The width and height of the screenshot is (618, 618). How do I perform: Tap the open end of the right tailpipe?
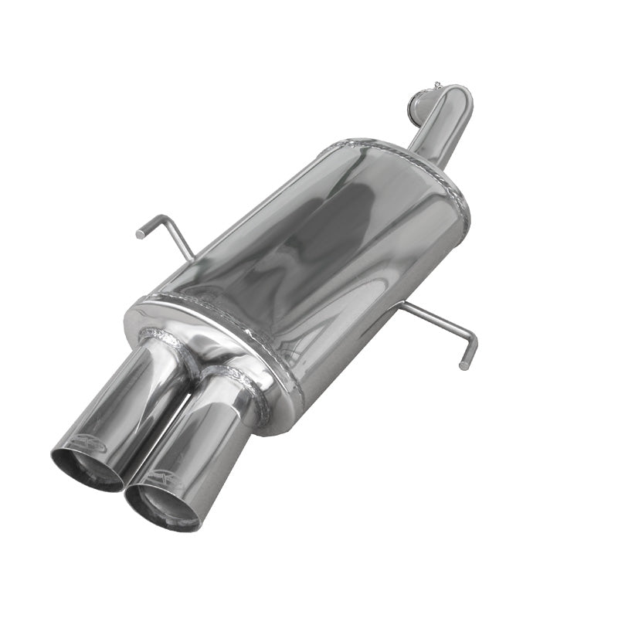164,506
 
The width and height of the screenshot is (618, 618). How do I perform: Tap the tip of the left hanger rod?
141,232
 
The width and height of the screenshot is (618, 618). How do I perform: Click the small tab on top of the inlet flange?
437,83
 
